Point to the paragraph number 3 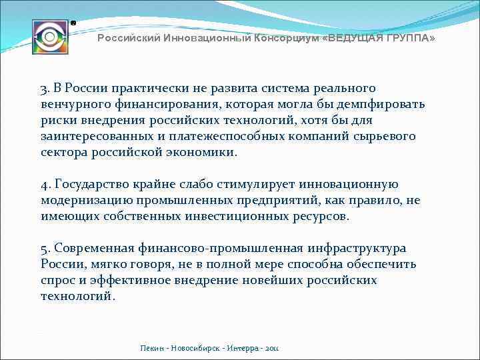coord(44,89)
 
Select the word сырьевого coord(387,137)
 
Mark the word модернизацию coord(82,201)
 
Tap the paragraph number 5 coord(44,249)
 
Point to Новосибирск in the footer coord(197,348)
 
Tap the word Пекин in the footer coord(152,348)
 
